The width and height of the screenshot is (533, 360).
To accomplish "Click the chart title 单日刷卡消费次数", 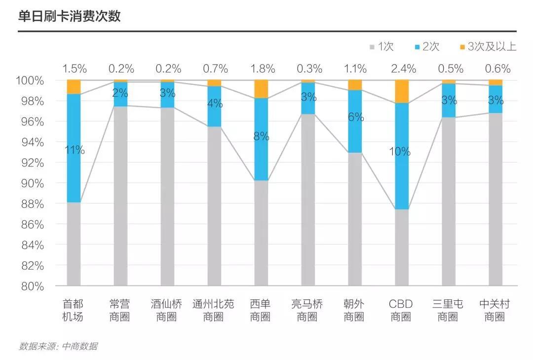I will coord(69,16).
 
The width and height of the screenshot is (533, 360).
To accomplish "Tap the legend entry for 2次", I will coord(427,47).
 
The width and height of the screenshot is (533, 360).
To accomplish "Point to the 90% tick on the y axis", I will coord(33,183).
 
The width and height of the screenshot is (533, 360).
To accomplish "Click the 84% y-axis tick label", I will coord(33,245).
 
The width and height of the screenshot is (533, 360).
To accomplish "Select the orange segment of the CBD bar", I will coord(402,91).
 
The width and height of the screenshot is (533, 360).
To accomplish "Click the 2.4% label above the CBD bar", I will coord(402,69).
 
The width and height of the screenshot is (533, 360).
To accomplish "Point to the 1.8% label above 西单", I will coord(261,69).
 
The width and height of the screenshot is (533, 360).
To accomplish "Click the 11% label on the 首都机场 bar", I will coord(75,150).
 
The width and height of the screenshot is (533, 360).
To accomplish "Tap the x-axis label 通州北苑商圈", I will coord(214,310).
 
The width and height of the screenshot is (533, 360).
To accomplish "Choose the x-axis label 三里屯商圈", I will coord(448,310).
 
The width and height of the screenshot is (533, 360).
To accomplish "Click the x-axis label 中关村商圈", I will coord(495,310).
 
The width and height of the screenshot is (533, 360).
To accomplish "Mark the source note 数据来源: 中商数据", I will coord(58,346).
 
